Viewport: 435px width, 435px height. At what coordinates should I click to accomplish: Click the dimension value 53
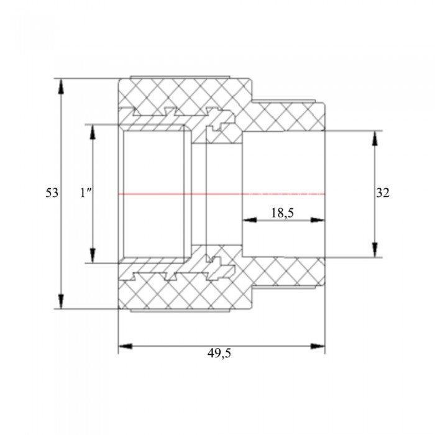point(52,193)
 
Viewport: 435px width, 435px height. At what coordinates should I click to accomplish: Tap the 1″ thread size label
point(86,193)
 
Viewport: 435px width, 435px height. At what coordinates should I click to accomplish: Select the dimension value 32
point(383,193)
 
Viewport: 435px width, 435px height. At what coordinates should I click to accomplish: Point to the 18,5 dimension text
point(282,213)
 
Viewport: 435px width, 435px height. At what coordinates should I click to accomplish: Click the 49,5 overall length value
point(219,354)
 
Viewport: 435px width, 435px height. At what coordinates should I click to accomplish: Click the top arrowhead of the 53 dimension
point(62,86)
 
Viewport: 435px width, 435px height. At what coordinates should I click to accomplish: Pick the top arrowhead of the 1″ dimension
point(93,132)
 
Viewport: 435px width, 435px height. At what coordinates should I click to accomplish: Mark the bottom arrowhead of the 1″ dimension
point(93,255)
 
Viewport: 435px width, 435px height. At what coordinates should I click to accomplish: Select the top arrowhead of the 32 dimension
point(375,138)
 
